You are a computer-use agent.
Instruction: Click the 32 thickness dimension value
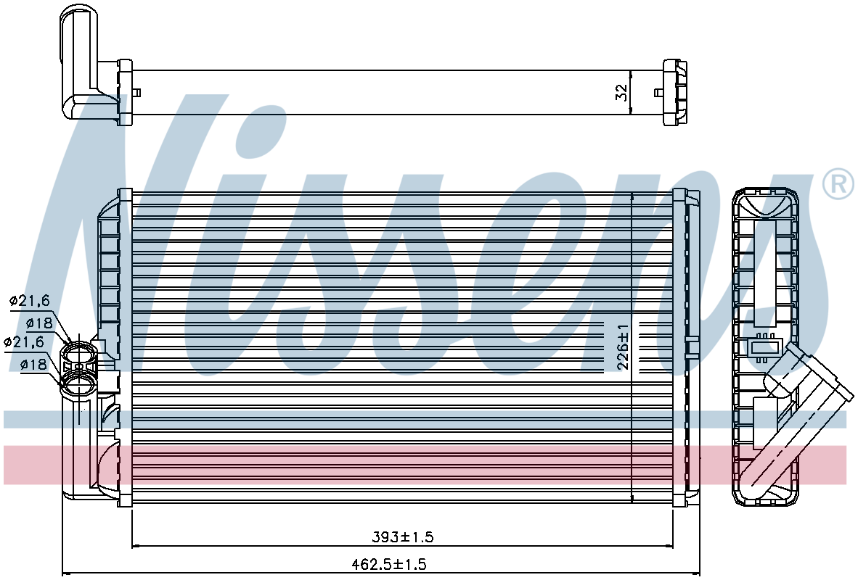[621, 92]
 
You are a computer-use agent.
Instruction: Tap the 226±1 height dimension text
[624, 347]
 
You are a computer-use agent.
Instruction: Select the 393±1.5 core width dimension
[403, 536]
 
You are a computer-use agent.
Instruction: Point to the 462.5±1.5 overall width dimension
[391, 563]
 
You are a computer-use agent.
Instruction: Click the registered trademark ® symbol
[838, 184]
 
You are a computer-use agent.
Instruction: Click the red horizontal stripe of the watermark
[425, 465]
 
